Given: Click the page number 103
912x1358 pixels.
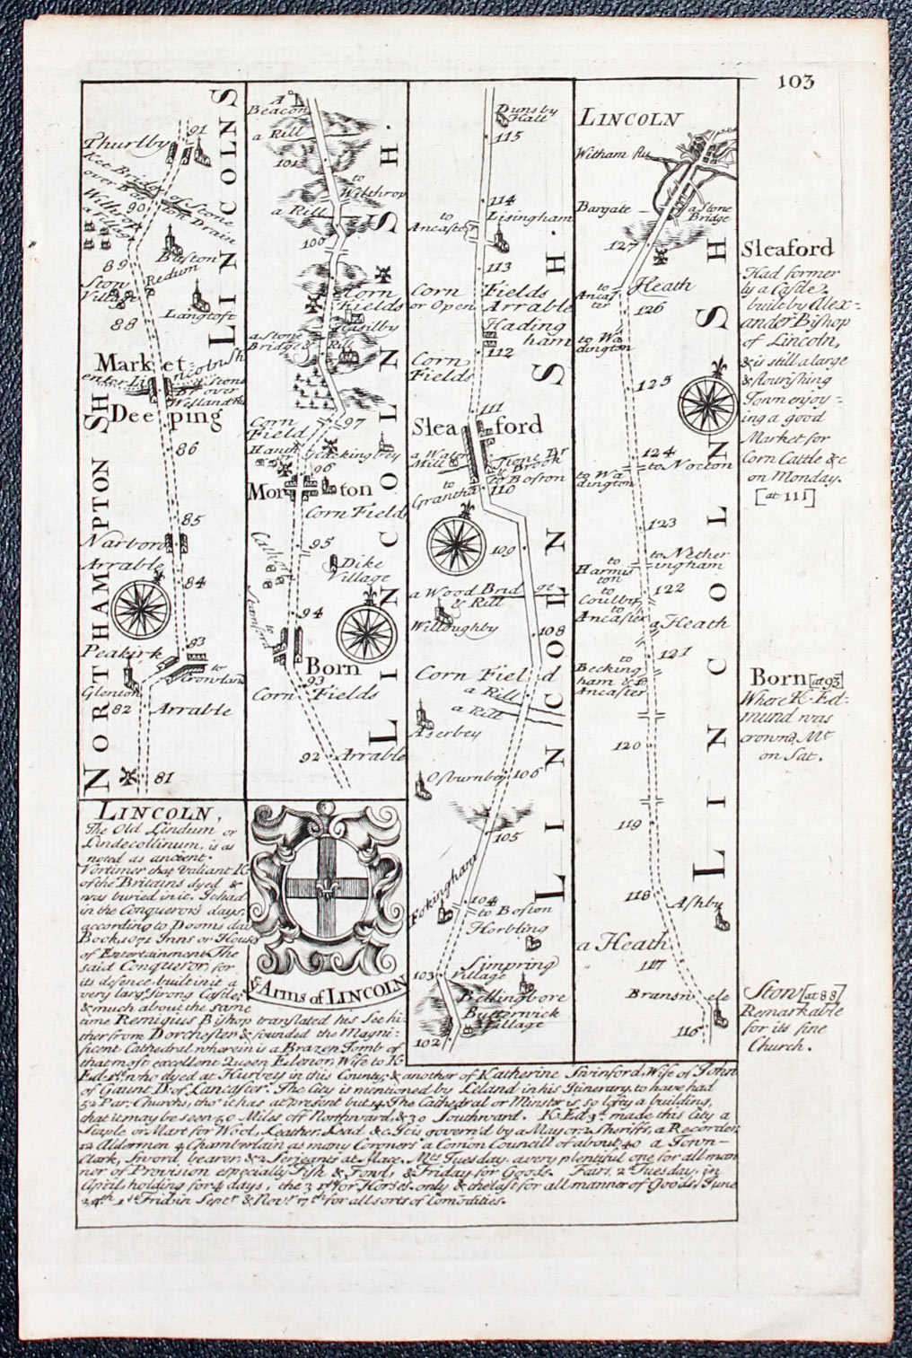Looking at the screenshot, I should click(x=795, y=83).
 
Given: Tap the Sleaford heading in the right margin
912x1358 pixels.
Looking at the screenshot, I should click(x=787, y=248).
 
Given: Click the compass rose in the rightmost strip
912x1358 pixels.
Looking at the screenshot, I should click(x=708, y=406).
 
